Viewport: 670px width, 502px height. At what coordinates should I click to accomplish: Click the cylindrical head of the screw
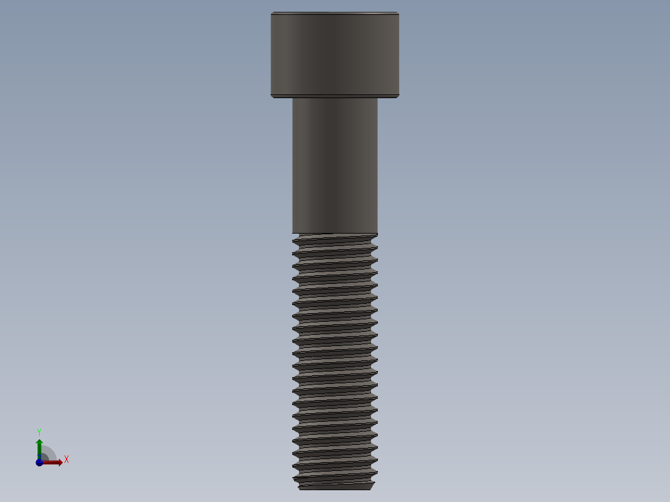click(x=334, y=55)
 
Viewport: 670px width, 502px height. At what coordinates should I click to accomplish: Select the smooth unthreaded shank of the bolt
click(x=334, y=165)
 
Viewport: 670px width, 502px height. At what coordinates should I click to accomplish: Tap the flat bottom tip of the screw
click(x=336, y=487)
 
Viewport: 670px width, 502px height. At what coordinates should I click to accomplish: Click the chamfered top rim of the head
click(x=334, y=13)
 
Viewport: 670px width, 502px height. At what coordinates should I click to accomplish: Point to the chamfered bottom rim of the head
click(x=334, y=96)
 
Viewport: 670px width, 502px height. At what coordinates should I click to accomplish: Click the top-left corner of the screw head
click(x=272, y=13)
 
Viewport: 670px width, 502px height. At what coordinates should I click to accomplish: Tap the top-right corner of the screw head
click(x=398, y=13)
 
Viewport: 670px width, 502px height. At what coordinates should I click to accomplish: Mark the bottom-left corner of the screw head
click(x=272, y=96)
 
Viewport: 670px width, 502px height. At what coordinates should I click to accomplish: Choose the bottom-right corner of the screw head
click(x=398, y=96)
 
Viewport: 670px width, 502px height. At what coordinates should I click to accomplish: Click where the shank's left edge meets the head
click(x=293, y=98)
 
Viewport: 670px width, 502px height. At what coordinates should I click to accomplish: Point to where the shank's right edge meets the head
click(x=377, y=98)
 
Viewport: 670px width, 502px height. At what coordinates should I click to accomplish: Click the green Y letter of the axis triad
click(x=39, y=431)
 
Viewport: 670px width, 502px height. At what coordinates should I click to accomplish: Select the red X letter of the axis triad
click(x=67, y=460)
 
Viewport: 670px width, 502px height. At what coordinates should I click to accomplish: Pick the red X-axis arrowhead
click(x=59, y=462)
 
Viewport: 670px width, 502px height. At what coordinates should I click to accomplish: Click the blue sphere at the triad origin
click(x=39, y=462)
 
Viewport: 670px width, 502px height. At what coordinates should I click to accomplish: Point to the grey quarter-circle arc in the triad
click(x=51, y=452)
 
